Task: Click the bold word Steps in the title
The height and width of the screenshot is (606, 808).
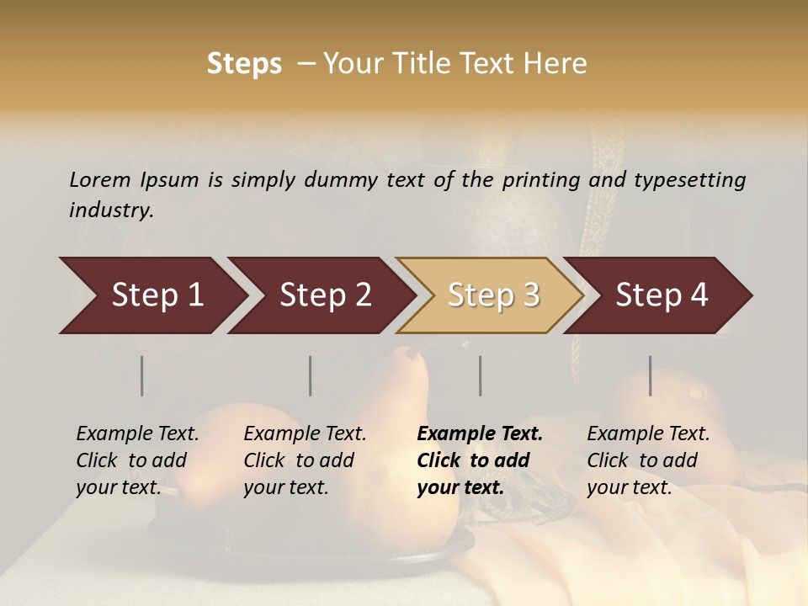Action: click(x=244, y=64)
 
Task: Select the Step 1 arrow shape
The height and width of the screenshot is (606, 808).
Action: click(x=151, y=295)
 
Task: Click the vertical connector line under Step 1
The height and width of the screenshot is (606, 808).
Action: click(x=142, y=375)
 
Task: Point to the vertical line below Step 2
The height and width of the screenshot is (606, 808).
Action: click(x=311, y=375)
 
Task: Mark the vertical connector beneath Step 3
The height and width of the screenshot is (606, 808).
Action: click(x=481, y=375)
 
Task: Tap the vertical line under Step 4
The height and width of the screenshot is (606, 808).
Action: click(x=651, y=375)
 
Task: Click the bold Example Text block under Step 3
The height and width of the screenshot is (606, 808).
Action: click(x=480, y=460)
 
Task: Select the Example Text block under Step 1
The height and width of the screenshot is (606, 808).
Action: click(x=137, y=460)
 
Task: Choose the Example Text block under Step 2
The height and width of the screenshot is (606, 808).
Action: click(x=305, y=460)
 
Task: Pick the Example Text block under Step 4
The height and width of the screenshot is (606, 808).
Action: click(x=648, y=460)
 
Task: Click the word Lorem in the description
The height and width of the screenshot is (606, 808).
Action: click(x=100, y=179)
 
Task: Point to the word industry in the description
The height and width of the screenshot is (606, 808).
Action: click(x=111, y=210)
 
